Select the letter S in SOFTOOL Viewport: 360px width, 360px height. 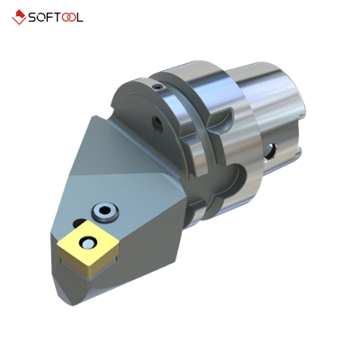pos(32,18)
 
